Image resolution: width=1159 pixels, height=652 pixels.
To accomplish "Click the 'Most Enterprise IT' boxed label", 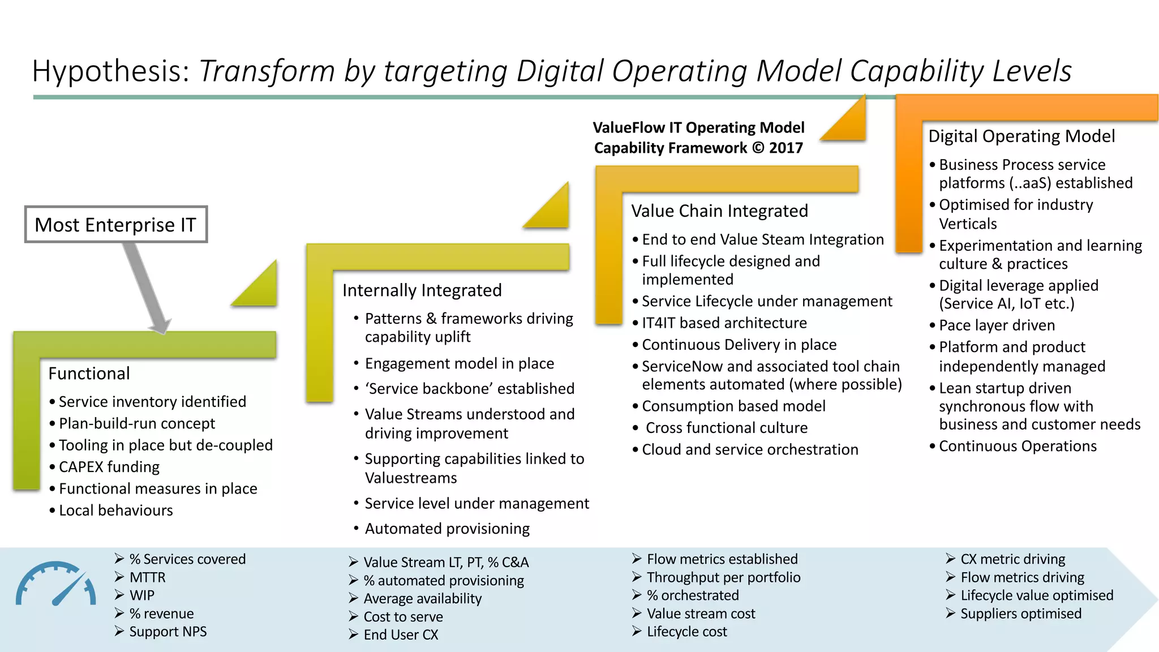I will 115,225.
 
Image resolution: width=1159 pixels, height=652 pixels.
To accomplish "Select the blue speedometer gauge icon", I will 55,584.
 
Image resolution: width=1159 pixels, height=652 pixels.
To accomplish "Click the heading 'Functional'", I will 89,374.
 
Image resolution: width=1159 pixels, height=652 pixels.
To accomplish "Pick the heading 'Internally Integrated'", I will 422,290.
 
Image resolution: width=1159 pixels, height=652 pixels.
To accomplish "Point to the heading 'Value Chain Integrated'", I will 719,211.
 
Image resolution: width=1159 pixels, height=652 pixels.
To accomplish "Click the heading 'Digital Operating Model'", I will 1021,136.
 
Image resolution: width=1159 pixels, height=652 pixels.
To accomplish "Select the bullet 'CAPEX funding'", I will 109,467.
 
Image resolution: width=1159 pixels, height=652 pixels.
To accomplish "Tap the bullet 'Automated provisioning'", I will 447,529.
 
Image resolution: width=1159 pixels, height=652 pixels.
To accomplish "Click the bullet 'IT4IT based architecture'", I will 724,323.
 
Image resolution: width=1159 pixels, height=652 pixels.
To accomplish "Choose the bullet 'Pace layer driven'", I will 997,325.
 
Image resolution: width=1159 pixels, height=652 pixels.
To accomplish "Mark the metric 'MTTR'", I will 147,577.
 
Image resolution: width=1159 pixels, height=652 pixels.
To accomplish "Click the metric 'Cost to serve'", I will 403,617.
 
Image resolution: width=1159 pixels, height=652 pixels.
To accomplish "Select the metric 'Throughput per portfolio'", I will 723,577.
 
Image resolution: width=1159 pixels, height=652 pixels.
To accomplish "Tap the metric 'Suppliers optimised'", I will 1020,614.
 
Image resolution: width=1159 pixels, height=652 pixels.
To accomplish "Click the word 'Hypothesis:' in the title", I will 110,71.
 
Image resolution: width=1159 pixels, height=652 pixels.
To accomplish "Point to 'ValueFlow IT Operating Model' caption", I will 698,128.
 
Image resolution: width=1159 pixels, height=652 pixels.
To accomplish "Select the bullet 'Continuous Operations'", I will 1018,447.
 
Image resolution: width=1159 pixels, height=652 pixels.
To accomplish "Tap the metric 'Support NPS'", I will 168,632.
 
